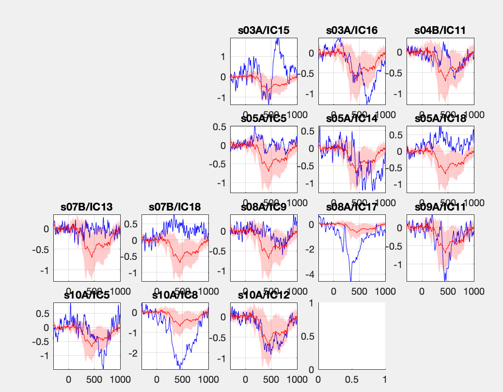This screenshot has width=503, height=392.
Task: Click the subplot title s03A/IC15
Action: coord(264,30)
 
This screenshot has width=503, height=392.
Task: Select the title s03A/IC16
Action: coord(352,30)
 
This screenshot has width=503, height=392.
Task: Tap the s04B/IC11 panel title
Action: coord(440,30)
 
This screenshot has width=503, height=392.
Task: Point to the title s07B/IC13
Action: coord(87,207)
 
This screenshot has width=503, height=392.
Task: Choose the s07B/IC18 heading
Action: coord(175,207)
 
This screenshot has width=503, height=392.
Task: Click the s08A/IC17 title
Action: coord(352,207)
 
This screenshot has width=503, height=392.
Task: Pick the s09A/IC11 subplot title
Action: coord(440,207)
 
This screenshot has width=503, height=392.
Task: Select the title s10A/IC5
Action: coord(87,295)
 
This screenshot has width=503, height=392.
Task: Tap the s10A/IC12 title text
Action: coord(264,295)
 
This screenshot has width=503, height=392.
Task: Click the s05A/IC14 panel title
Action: coord(352,119)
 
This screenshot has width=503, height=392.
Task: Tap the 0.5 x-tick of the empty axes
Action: coord(352,379)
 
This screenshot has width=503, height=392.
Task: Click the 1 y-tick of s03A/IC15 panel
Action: coord(222,56)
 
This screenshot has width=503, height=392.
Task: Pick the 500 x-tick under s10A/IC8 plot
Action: coord(183,379)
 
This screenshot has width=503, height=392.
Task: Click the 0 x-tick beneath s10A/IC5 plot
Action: coord(68,379)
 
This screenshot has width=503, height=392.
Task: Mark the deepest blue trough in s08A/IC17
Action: coord(351,280)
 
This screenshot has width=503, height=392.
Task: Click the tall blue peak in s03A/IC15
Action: coord(278,39)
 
